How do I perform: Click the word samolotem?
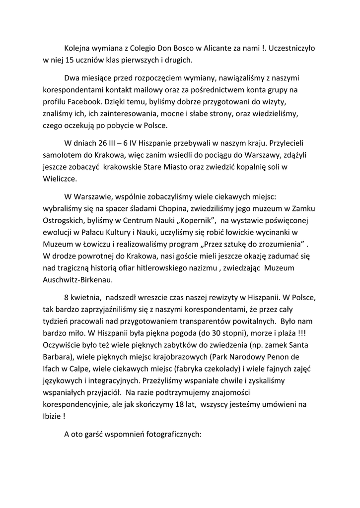pyautogui.click(x=61, y=155)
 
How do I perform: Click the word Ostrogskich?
pyautogui.click(x=63, y=219)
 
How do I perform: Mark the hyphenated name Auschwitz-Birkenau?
pyautogui.click(x=78, y=279)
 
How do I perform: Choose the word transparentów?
pyautogui.click(x=210, y=321)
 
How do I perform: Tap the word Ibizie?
pyautogui.click(x=53, y=417)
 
